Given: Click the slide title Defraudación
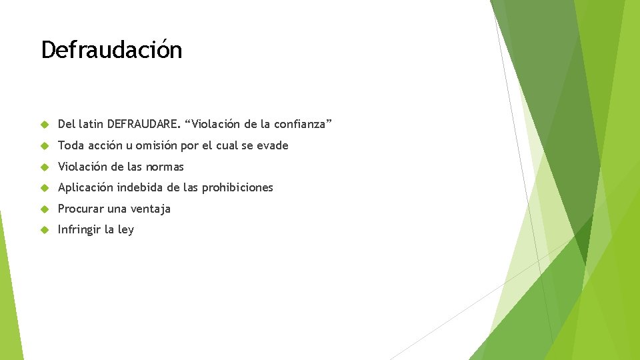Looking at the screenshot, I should tap(111, 50).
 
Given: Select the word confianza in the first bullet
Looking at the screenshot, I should tap(299, 124).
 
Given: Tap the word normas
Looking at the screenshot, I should tap(165, 167).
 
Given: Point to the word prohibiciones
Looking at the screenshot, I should tap(237, 187).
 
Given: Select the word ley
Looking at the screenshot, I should tap(125, 230).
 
